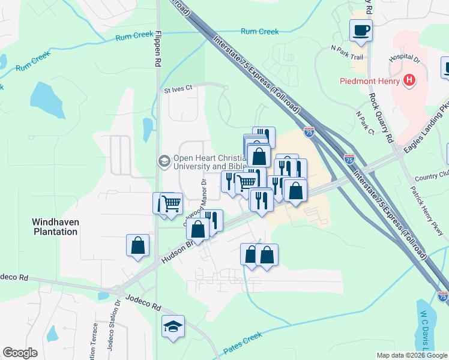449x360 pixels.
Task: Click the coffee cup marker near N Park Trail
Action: point(361,30)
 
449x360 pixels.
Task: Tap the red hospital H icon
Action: point(409,80)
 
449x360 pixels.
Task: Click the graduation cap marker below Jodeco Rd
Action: point(173,326)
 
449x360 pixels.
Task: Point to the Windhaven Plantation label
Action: point(55,226)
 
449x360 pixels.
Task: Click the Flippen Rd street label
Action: point(158,47)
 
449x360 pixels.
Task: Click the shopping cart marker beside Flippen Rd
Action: point(171,203)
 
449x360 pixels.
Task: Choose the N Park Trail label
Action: point(348,53)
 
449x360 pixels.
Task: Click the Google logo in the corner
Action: point(20,353)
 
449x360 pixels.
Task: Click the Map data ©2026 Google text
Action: point(411,355)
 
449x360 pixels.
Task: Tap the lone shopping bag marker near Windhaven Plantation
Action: point(137,245)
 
